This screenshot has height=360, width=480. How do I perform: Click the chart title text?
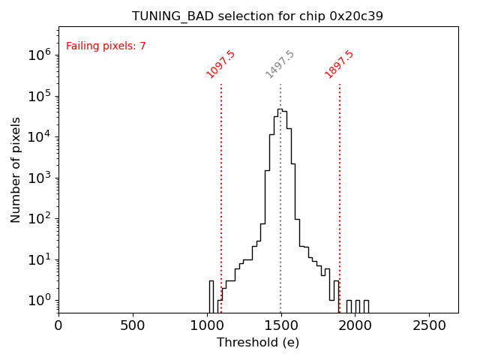point(257,16)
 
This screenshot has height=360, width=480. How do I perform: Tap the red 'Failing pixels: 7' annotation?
point(106,46)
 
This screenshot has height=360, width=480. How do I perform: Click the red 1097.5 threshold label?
point(220,64)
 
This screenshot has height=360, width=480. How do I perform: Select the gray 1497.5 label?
point(280,64)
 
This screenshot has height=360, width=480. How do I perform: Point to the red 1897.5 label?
point(339,64)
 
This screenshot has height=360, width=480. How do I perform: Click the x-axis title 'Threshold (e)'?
point(258,343)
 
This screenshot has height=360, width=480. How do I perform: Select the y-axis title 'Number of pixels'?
point(16,169)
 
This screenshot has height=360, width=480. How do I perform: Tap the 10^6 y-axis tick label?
point(39,55)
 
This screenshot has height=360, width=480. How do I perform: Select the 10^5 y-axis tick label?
point(39,95)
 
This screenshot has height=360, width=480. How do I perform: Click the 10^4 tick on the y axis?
point(39,136)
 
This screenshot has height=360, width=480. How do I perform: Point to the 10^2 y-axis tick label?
point(39,218)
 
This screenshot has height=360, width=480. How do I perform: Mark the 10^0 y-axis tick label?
point(39,300)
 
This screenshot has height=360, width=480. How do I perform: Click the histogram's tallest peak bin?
point(280,109)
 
